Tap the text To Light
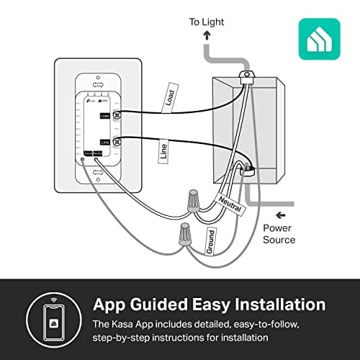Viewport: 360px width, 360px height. pos(207,22)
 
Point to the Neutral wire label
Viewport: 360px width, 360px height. pos(231,203)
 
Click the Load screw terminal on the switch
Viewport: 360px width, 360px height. pos(117,115)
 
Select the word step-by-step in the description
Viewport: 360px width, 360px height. pos(125,337)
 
